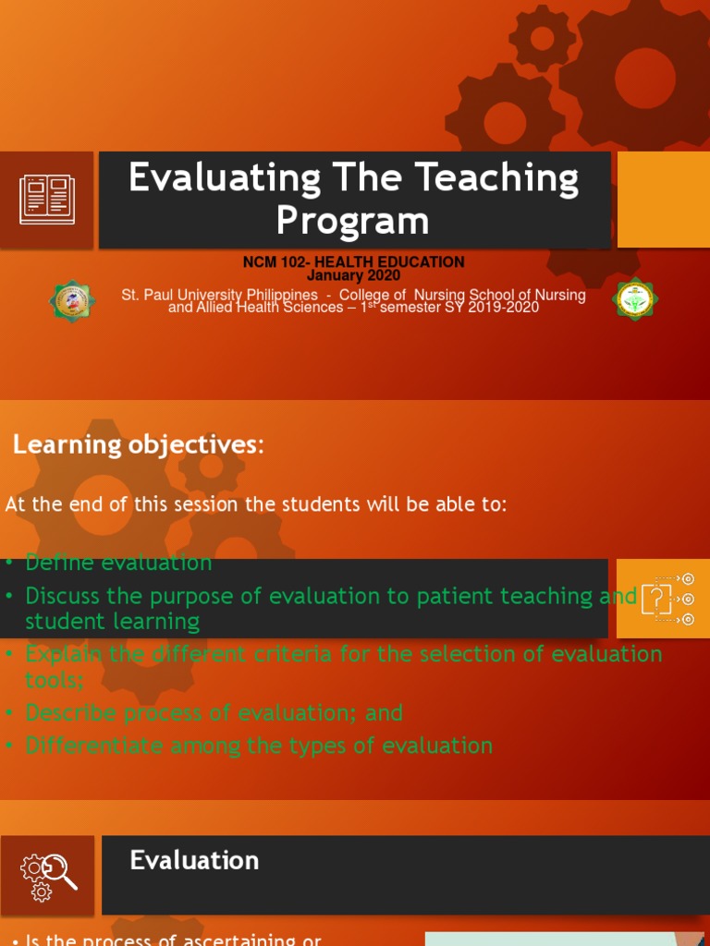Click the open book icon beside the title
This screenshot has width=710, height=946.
click(x=46, y=200)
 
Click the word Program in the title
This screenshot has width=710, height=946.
click(x=352, y=222)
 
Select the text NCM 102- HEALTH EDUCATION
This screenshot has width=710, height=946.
click(x=353, y=262)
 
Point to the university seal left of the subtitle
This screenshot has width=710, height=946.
click(x=71, y=301)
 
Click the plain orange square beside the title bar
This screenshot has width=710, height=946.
click(x=663, y=200)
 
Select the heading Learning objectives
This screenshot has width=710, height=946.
click(x=138, y=445)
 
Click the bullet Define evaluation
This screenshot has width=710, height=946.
click(x=118, y=563)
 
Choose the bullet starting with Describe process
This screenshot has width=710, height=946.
click(x=214, y=713)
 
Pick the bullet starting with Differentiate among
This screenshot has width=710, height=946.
click(x=258, y=746)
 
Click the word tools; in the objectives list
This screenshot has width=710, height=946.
click(x=55, y=680)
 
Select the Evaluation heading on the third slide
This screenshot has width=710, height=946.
click(x=194, y=861)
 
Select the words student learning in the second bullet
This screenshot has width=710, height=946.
click(x=112, y=621)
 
